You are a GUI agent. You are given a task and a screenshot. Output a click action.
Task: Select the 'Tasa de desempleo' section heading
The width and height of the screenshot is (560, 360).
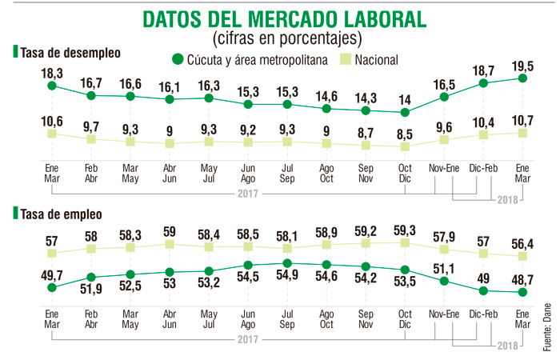click(70, 53)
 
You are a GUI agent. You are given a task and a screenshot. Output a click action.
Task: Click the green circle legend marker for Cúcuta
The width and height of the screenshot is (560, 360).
click(178, 59)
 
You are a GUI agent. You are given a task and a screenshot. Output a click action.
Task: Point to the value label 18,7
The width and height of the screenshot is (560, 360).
click(484, 70)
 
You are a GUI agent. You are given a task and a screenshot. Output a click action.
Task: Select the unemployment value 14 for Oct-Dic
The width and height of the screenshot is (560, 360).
click(406, 99)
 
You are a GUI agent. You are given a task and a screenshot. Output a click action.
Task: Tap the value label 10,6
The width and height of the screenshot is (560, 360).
click(52, 120)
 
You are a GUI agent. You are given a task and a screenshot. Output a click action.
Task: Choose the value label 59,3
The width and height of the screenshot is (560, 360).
click(406, 229)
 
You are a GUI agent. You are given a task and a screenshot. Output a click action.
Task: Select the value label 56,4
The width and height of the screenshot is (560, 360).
click(522, 242)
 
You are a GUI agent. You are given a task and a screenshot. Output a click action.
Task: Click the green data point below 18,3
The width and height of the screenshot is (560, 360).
click(52, 85)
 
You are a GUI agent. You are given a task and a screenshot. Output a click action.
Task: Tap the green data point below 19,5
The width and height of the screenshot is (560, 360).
click(522, 78)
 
